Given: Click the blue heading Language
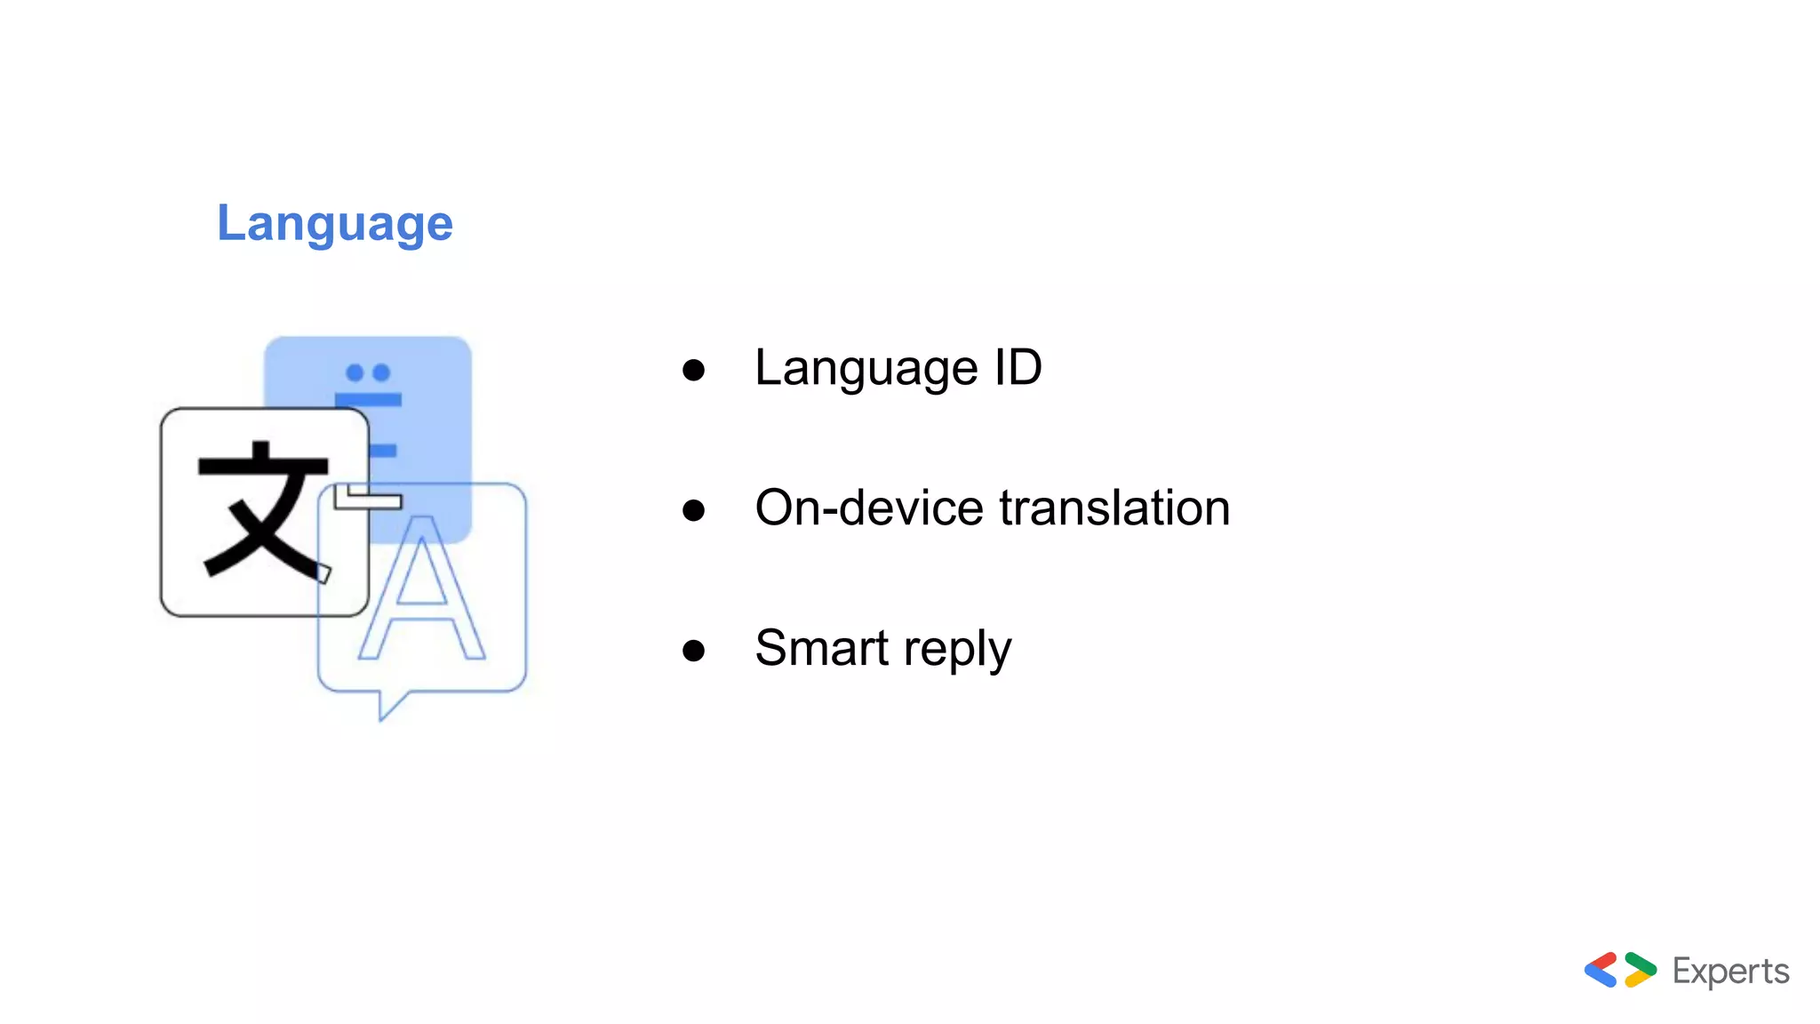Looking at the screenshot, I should click(x=335, y=223).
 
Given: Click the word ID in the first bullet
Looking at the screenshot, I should click(x=1018, y=367).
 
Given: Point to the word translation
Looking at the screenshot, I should click(x=1114, y=508).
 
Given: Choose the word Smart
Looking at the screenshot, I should click(x=821, y=648).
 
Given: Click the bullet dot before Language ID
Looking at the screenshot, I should click(x=693, y=370).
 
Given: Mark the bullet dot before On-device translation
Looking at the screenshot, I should click(x=693, y=510).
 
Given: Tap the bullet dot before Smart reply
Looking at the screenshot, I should click(x=693, y=651).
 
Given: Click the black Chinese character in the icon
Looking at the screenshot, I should click(x=263, y=510).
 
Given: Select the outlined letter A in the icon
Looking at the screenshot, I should click(x=421, y=590).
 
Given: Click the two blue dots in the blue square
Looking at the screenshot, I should click(x=368, y=372).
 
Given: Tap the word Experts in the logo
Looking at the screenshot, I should click(x=1730, y=971).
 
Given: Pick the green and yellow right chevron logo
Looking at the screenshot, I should click(x=1640, y=970).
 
